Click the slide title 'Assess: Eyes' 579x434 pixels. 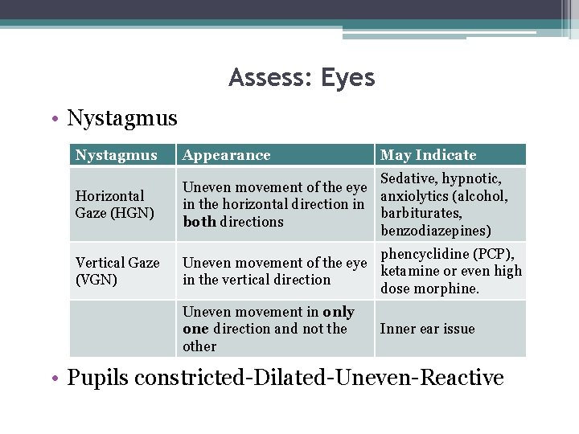[x=302, y=78]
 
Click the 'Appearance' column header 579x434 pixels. [x=227, y=155]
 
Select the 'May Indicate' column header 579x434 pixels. [x=428, y=155]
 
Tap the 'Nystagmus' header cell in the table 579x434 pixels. [x=116, y=155]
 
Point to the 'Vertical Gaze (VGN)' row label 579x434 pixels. [x=117, y=271]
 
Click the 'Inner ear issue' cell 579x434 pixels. [x=427, y=329]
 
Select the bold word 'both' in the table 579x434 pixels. [x=199, y=222]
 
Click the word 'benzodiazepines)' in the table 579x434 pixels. [x=435, y=231]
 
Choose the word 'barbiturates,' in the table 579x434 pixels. [x=421, y=213]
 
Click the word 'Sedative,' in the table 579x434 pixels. [x=409, y=178]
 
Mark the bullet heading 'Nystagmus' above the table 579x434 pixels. [x=122, y=119]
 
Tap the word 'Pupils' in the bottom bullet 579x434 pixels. [x=96, y=377]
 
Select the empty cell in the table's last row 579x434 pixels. [x=122, y=329]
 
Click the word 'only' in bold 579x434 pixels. [x=339, y=312]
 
